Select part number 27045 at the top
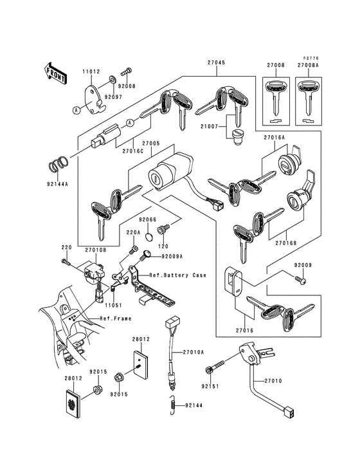pos(217,63)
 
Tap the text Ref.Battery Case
pos(177,275)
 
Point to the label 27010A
pos(193,352)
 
